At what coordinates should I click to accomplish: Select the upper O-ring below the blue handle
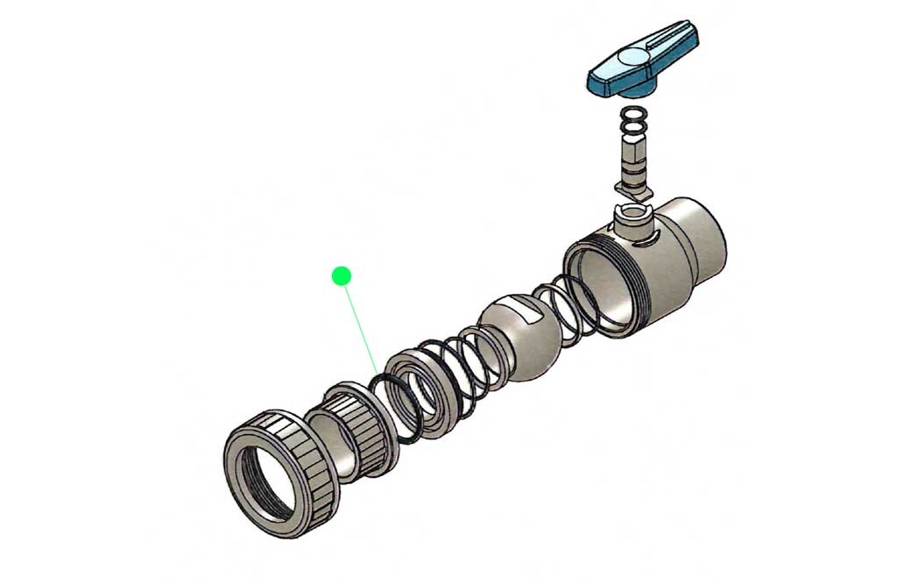point(632,114)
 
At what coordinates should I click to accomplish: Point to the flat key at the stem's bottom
point(632,188)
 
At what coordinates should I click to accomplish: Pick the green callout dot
point(342,276)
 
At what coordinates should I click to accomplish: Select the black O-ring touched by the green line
point(393,408)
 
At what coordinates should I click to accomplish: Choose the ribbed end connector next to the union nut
point(350,434)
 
